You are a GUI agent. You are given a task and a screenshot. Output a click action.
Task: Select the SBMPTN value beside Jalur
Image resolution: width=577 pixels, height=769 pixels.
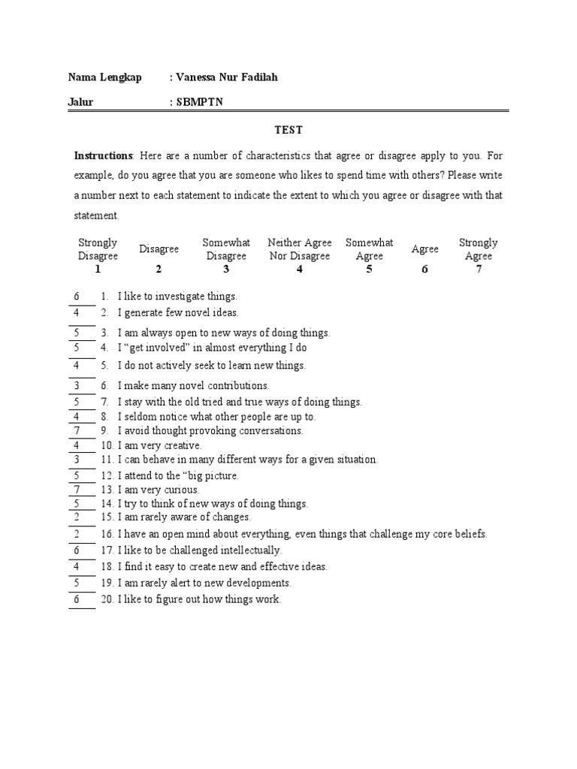(x=199, y=102)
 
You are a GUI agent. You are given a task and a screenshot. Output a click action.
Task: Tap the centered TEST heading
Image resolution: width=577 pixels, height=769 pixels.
(x=288, y=130)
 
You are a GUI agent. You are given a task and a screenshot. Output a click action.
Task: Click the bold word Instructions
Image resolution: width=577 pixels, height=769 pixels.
(x=103, y=156)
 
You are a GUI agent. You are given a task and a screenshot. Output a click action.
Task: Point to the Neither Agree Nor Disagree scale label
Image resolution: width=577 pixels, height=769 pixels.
(x=299, y=249)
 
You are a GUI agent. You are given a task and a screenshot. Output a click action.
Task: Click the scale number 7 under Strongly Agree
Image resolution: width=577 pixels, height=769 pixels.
(x=479, y=270)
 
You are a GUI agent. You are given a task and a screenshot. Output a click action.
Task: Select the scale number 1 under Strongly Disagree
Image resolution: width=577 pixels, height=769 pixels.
(x=98, y=270)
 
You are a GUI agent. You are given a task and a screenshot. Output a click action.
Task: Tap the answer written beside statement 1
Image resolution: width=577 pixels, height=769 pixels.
(x=77, y=296)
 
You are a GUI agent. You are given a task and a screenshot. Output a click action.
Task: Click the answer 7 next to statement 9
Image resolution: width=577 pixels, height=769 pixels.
(x=77, y=430)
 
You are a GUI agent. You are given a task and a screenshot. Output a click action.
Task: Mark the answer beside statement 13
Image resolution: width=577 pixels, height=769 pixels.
(x=77, y=490)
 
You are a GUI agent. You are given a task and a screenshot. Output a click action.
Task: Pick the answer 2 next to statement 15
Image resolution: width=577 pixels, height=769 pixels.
(x=77, y=517)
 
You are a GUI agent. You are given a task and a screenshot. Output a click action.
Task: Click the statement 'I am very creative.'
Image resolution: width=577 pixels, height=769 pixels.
(x=159, y=445)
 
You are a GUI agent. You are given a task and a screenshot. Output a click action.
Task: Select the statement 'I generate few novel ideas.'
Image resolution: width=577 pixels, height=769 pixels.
(x=178, y=312)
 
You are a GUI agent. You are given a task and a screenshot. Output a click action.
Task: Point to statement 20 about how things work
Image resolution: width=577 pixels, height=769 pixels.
(x=198, y=599)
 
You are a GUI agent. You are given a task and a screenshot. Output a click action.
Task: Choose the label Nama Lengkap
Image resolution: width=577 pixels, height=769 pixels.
(x=104, y=78)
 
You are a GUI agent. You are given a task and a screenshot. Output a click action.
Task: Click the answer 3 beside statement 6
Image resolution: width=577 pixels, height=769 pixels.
(x=77, y=385)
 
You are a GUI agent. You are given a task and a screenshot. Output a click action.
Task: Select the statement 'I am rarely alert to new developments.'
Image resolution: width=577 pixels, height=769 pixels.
(x=204, y=583)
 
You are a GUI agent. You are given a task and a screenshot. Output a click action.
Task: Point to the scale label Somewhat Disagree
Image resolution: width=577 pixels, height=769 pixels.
(x=225, y=249)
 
